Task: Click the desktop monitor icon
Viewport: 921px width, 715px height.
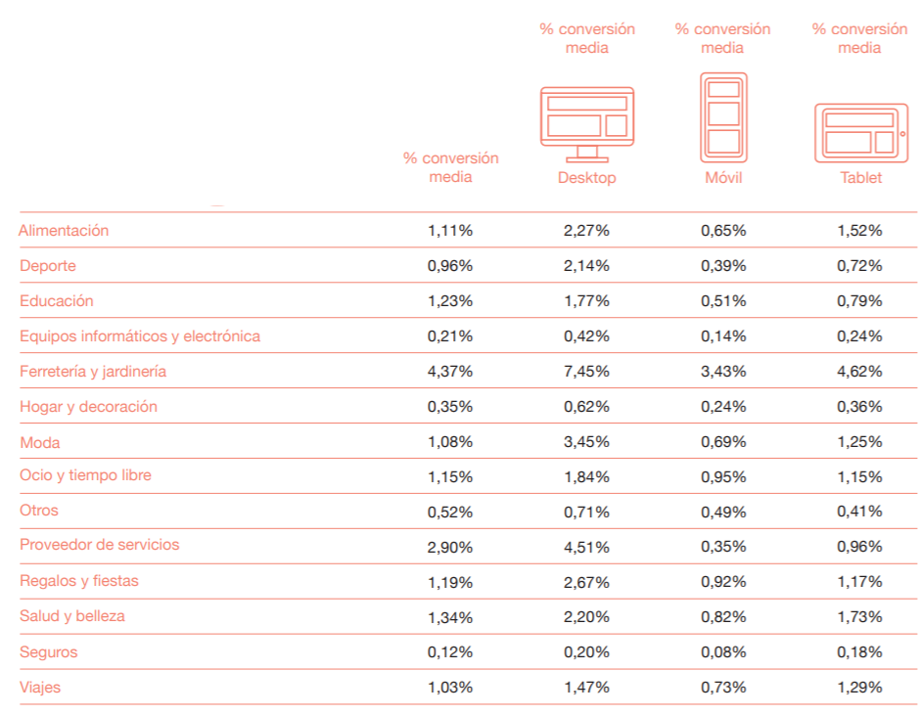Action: point(587,122)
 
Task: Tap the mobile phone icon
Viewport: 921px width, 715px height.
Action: point(723,117)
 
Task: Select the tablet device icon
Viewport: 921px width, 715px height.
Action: point(860,133)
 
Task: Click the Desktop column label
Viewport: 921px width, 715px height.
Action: point(587,178)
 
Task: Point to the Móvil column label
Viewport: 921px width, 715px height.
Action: point(723,178)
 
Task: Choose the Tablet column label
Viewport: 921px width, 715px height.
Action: point(860,178)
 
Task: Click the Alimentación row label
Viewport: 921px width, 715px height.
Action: point(64,231)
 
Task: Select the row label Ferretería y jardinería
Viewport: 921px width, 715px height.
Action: point(93,372)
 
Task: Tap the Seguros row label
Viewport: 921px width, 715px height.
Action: point(48,652)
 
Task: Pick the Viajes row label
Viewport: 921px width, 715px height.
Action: point(40,688)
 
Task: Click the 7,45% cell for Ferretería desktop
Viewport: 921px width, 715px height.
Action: point(587,372)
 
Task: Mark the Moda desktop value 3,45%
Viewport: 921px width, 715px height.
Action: point(587,442)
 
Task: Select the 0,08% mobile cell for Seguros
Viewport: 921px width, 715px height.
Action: point(723,652)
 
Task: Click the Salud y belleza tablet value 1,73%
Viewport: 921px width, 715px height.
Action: point(860,617)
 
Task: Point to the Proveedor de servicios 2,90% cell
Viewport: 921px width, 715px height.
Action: point(450,546)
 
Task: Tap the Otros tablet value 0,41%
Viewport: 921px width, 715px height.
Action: point(860,511)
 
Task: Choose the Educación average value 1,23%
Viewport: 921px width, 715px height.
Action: point(450,301)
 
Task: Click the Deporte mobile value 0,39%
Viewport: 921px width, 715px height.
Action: point(723,266)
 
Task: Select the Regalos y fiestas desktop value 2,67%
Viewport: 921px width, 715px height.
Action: point(587,582)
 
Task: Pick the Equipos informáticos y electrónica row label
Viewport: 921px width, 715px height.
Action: point(140,336)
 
